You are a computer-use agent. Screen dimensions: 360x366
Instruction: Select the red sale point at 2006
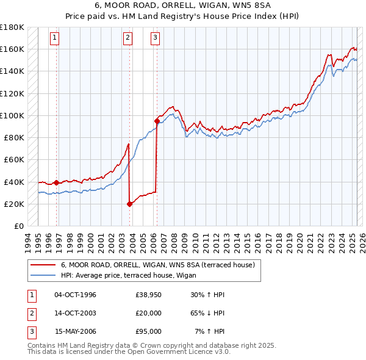pyautogui.click(x=157, y=121)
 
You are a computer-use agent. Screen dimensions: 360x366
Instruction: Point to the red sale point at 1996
pyautogui.click(x=57, y=182)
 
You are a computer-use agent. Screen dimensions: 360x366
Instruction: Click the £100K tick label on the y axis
pyautogui.click(x=12, y=115)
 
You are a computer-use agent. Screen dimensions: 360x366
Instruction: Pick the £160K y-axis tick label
pyautogui.click(x=12, y=49)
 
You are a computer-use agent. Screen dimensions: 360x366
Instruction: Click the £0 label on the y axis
pyautogui.click(x=18, y=226)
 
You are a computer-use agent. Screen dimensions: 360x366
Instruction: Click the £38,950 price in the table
pyautogui.click(x=148, y=295)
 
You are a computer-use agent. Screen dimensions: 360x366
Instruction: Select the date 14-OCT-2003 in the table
pyautogui.click(x=76, y=313)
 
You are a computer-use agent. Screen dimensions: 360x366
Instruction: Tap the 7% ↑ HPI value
pyautogui.click(x=209, y=331)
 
